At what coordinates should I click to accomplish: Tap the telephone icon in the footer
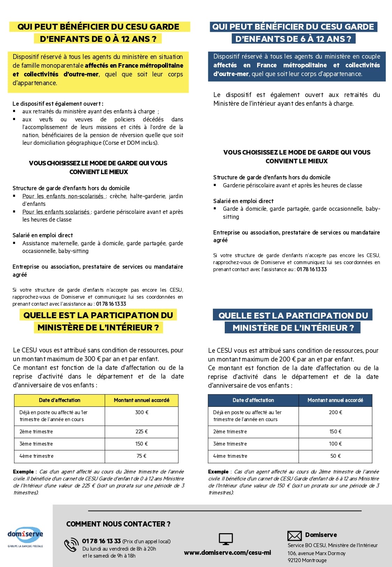pos(71,545)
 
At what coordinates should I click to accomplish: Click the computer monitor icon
pos(226,539)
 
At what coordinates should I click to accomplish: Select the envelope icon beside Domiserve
pos(294,536)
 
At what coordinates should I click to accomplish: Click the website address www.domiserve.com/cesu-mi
pos(227,553)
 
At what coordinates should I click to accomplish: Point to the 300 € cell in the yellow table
pos(141,412)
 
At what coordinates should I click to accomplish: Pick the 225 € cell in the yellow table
pos(141,432)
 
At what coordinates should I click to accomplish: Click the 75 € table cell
pos(141,456)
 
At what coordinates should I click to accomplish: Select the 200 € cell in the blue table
pos(335,412)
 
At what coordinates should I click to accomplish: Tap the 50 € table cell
pos(335,456)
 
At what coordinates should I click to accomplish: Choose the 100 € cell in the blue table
pos(335,444)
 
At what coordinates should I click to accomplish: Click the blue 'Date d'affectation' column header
pos(253,400)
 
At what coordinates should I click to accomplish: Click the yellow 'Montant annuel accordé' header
pos(141,400)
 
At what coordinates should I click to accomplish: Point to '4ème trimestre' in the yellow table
pos(36,456)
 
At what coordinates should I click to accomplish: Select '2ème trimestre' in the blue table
pos(230,432)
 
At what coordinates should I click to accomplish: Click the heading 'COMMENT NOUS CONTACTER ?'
pos(118,524)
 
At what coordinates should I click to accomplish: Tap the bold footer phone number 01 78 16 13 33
pos(101,541)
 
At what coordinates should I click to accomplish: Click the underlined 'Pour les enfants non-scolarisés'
pos(63,196)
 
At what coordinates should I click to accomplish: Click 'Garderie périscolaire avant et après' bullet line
pos(292,185)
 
